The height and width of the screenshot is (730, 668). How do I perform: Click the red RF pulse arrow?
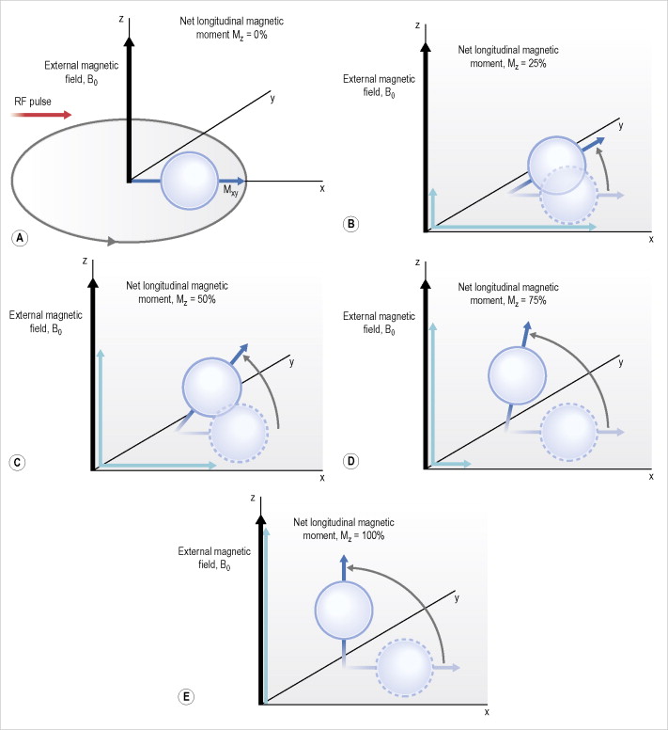tap(41, 115)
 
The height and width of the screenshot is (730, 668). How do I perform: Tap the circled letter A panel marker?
tap(20, 238)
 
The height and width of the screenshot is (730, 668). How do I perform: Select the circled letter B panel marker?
tap(351, 224)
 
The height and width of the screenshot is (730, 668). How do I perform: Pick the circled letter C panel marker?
tap(17, 462)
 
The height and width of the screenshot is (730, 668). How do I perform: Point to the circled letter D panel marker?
tap(351, 461)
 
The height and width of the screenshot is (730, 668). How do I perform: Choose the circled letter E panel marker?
tap(186, 696)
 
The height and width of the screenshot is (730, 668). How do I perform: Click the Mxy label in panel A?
tap(230, 190)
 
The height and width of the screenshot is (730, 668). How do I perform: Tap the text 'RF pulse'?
tap(33, 102)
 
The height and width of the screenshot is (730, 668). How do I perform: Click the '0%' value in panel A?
tap(260, 35)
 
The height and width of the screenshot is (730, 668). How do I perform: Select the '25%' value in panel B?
tap(537, 63)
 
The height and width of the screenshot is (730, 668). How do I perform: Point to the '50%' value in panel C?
tap(207, 299)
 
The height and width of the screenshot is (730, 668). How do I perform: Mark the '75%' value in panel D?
tap(537, 300)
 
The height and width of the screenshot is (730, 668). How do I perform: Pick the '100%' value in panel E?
tap(373, 535)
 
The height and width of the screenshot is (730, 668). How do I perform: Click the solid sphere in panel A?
tap(190, 181)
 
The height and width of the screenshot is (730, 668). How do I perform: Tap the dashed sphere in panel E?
tap(404, 667)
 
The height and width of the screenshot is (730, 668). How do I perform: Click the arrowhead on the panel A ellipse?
tap(112, 241)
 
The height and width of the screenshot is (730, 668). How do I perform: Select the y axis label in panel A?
tap(272, 98)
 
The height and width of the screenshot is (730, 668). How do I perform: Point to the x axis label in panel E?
tap(487, 712)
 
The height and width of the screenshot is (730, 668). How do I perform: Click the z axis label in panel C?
tap(85, 261)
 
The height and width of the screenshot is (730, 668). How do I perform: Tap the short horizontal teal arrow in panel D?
tap(451, 463)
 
